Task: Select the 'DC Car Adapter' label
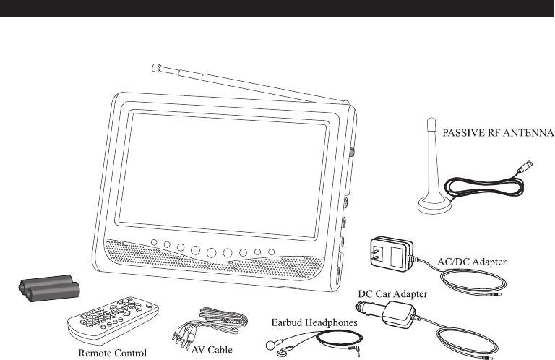click(394, 294)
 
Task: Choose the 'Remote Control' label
click(112, 353)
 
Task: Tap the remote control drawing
click(112, 317)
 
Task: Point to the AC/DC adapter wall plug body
click(391, 254)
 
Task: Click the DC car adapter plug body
click(398, 314)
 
